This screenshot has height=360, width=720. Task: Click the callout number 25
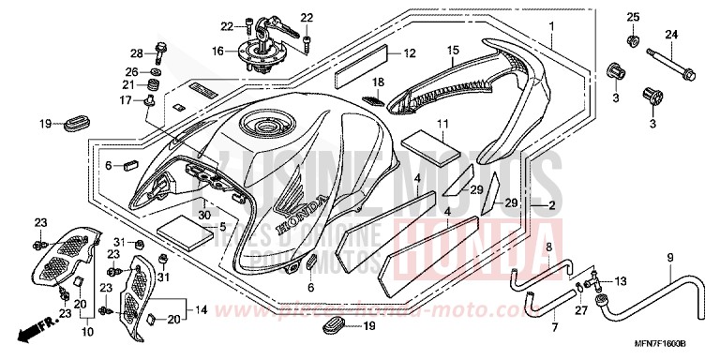pyautogui.click(x=631, y=18)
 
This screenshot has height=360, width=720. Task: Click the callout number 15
pyautogui.click(x=452, y=50)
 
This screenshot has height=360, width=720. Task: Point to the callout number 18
pyautogui.click(x=379, y=82)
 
